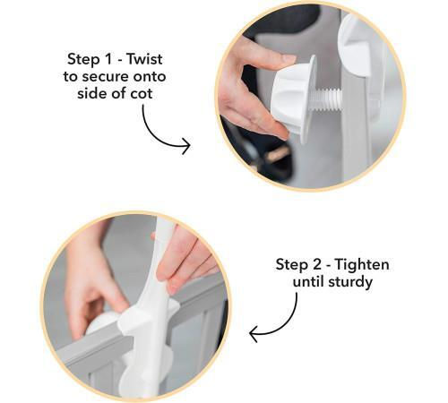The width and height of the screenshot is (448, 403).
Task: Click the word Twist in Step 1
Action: pyautogui.click(x=145, y=59)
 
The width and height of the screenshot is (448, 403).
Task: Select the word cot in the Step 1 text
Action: pyautogui.click(x=142, y=94)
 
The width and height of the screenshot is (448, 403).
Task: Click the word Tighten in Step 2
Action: pyautogui.click(x=362, y=265)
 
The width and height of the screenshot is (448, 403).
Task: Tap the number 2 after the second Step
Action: pyautogui.click(x=318, y=265)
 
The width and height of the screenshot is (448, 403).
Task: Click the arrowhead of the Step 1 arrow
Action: pyautogui.click(x=186, y=146)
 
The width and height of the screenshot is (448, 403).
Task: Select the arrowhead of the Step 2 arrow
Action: pyautogui.click(x=254, y=334)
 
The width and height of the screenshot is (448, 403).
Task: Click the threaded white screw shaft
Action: pyautogui.click(x=327, y=99)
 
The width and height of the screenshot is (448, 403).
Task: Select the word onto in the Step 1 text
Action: pyautogui.click(x=150, y=77)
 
